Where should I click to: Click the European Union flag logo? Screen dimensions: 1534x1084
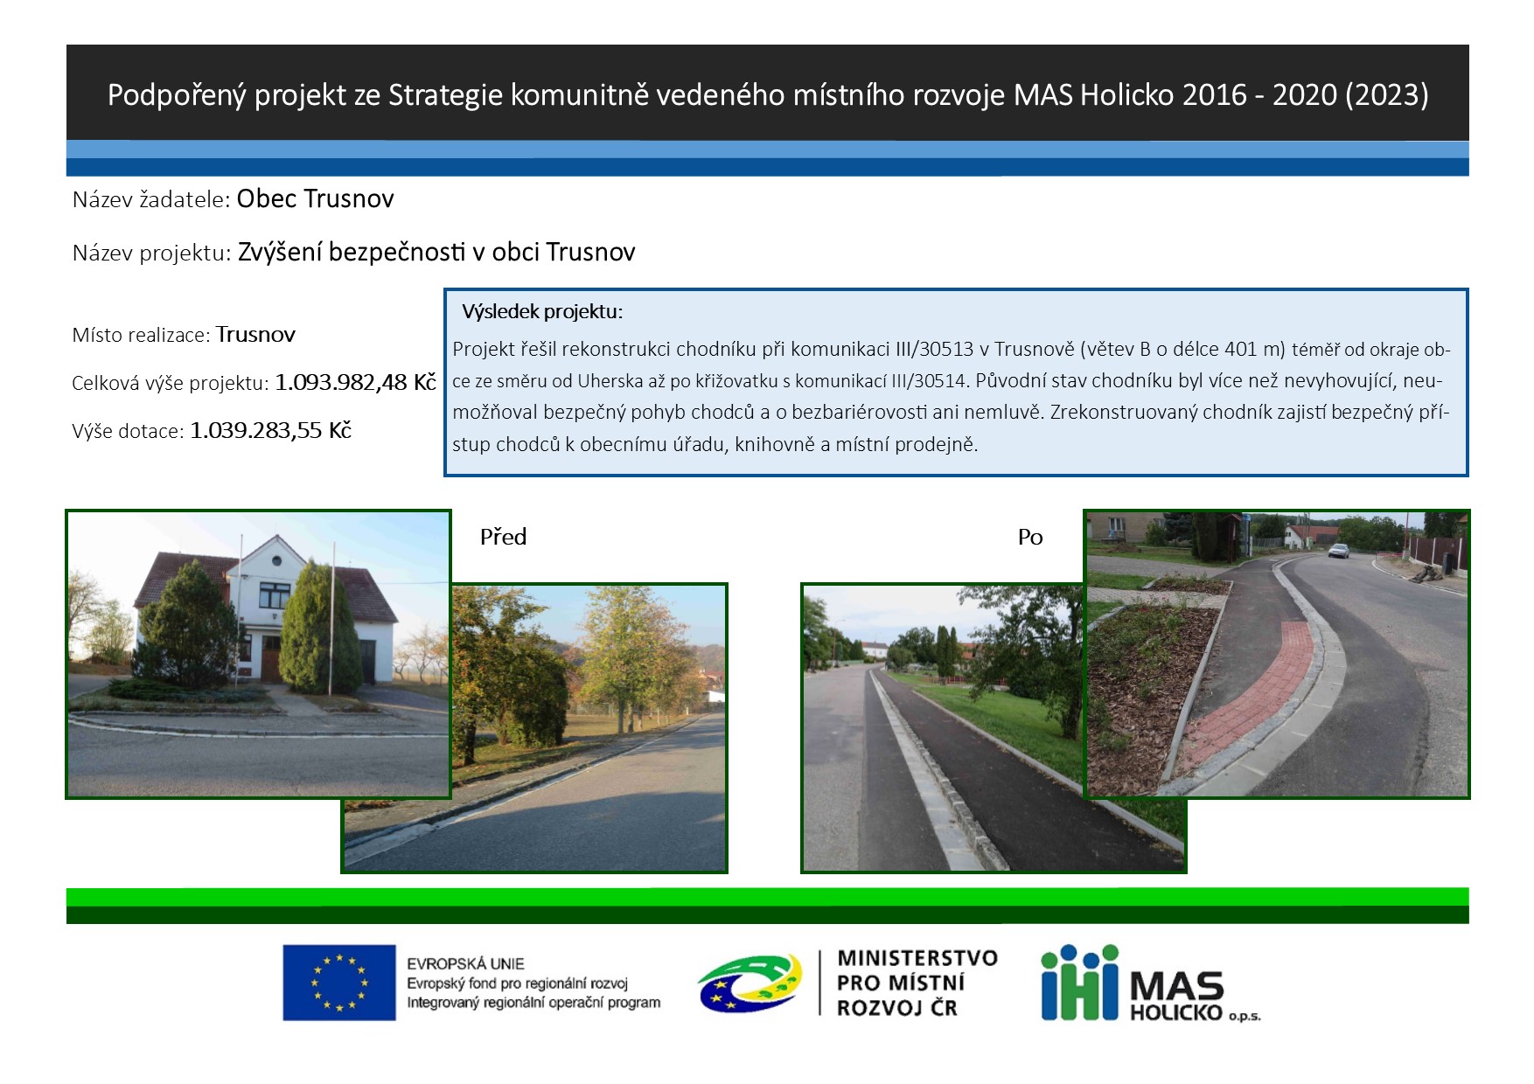click(x=338, y=982)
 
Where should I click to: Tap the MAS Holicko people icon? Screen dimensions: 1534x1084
click(x=1079, y=982)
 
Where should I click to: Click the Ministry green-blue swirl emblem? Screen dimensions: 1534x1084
click(x=750, y=983)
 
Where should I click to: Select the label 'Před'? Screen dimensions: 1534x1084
click(x=503, y=537)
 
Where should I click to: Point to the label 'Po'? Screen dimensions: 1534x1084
click(x=1030, y=537)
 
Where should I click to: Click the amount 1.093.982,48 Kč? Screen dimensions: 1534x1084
click(x=355, y=382)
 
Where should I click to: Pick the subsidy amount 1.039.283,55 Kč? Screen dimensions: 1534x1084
click(x=270, y=430)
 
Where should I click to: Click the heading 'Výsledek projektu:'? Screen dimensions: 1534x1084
click(x=542, y=311)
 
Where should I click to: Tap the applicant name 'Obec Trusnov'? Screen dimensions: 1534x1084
click(x=315, y=198)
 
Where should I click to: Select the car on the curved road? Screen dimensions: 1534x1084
click(x=1338, y=550)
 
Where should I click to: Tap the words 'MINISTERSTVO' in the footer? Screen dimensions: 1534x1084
click(x=917, y=958)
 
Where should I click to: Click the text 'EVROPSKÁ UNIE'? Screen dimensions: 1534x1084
click(x=465, y=963)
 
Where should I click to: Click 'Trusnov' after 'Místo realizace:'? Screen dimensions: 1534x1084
click(x=255, y=334)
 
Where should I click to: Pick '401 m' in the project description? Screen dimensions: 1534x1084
click(x=1253, y=349)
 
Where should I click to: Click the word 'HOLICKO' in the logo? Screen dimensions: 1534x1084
click(x=1175, y=1012)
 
